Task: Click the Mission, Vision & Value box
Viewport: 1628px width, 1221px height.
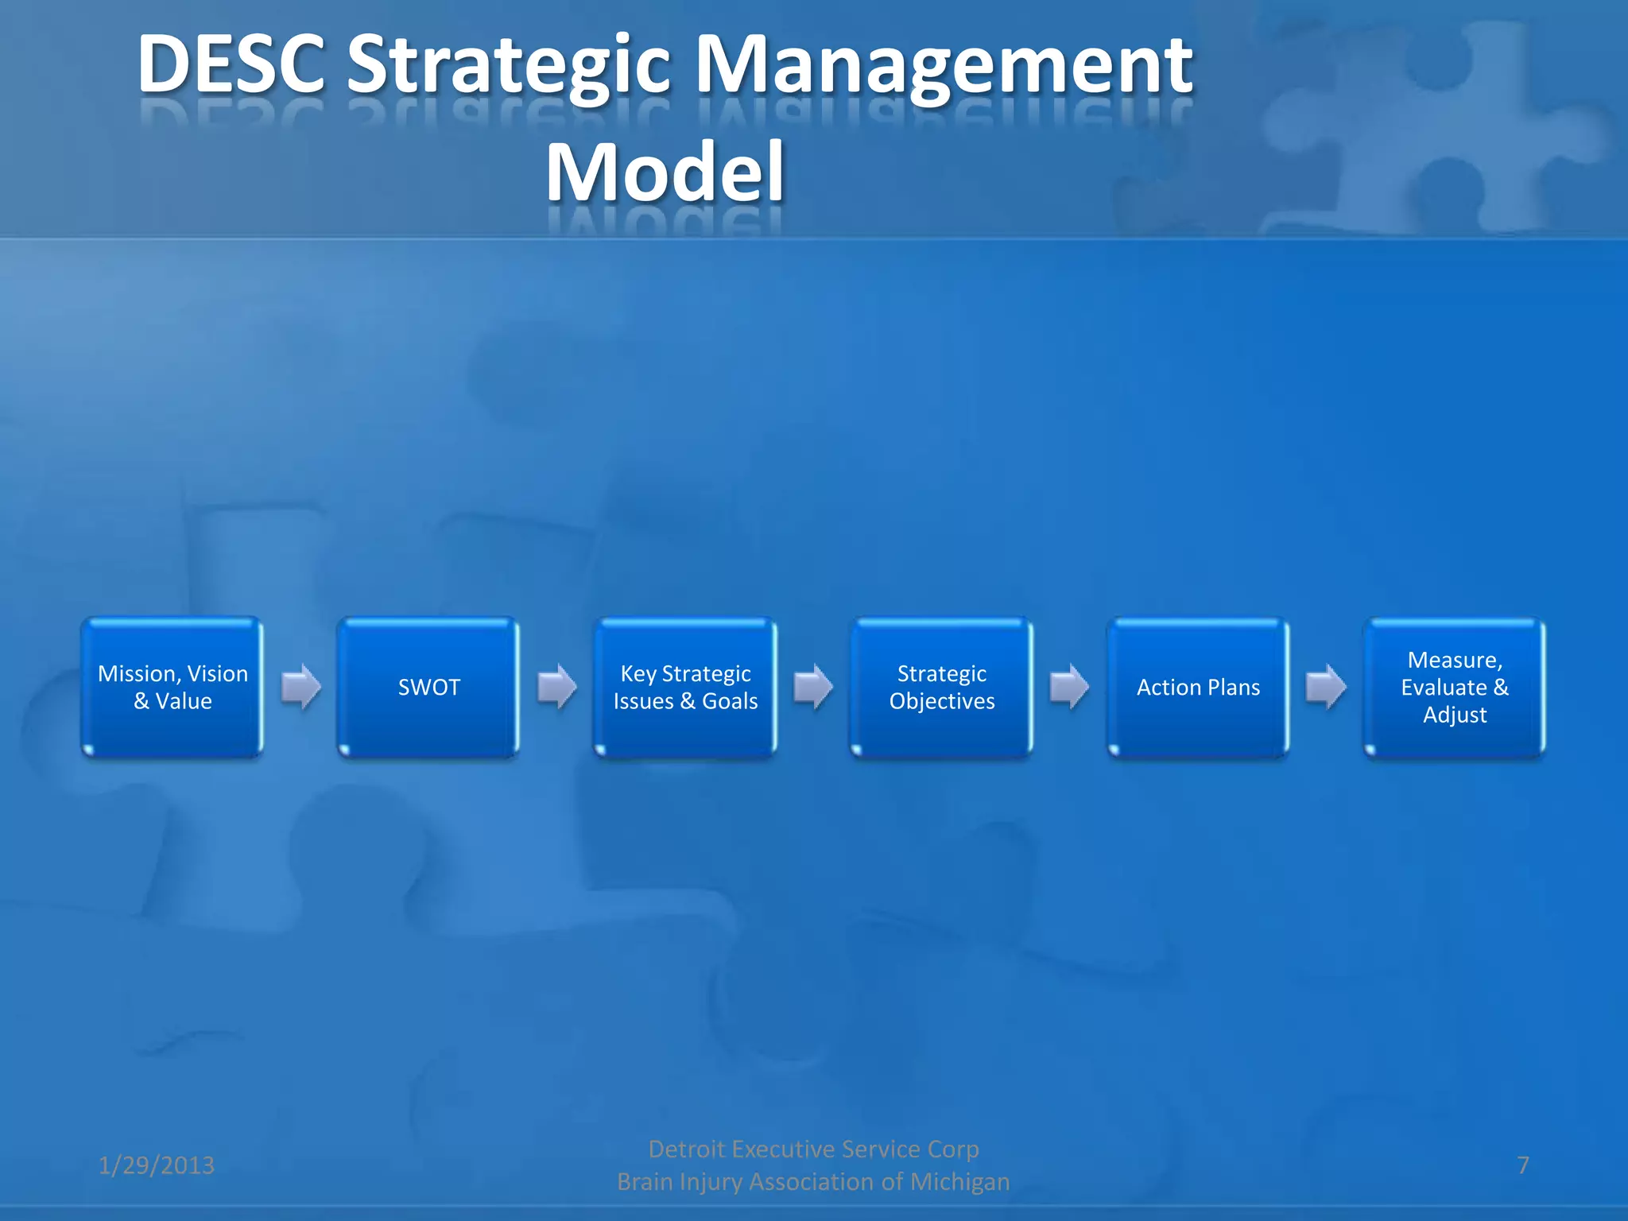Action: click(172, 688)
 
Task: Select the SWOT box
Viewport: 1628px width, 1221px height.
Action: click(428, 688)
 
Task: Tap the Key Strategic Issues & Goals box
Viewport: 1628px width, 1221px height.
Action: click(685, 688)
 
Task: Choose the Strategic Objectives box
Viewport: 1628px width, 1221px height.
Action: click(942, 688)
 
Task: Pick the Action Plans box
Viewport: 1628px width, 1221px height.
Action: click(1198, 688)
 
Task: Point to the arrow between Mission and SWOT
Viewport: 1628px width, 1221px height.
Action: click(301, 686)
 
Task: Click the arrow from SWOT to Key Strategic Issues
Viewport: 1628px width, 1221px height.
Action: click(557, 686)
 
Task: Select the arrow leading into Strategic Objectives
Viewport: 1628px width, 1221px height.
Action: click(813, 686)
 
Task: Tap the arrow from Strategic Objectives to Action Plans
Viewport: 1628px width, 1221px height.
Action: click(1069, 686)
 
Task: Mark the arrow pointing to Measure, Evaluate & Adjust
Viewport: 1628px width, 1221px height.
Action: click(1326, 686)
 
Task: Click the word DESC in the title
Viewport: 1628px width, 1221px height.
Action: click(231, 65)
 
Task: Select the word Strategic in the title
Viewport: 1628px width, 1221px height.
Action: click(510, 65)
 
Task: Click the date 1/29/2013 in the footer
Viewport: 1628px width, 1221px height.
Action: click(156, 1165)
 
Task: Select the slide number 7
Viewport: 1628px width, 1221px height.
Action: click(1523, 1165)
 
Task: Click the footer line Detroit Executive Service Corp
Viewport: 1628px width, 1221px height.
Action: click(813, 1149)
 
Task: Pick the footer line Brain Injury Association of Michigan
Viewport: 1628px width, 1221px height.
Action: click(813, 1182)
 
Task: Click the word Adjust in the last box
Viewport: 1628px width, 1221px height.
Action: click(1455, 715)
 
